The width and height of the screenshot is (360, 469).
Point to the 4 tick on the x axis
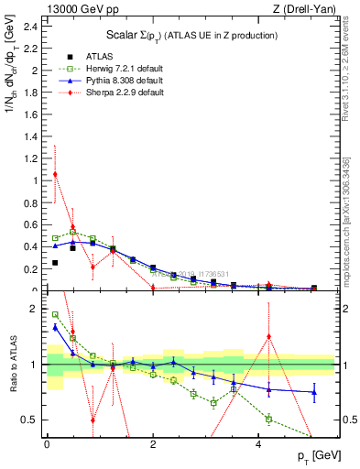260,447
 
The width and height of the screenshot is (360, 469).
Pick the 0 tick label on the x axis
47,447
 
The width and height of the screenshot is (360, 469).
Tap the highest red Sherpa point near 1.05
55,174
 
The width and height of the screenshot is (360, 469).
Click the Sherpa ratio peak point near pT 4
268,336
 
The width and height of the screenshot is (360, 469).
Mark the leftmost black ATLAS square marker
55,263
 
